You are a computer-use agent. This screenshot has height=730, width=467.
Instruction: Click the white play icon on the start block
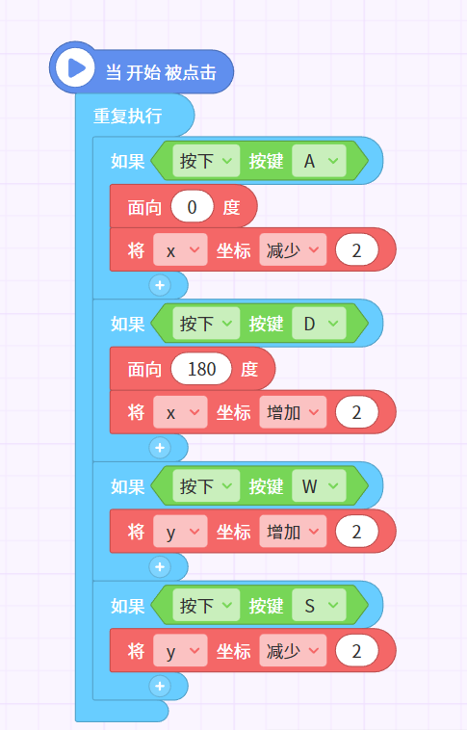[x=75, y=68]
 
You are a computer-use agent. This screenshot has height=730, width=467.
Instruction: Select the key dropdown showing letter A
[x=319, y=161]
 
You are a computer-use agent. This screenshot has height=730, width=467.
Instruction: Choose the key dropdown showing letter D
[x=319, y=324]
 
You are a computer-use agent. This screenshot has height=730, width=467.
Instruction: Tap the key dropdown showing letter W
[x=319, y=486]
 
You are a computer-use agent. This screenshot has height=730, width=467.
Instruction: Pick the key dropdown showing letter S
[x=319, y=605]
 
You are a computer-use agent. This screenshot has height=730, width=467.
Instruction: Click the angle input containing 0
[x=192, y=207]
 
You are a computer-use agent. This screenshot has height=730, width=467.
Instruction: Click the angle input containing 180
[x=201, y=369]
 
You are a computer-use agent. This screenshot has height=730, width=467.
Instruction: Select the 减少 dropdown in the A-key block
[x=293, y=250]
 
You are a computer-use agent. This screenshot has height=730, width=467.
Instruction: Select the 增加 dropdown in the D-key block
[x=293, y=412]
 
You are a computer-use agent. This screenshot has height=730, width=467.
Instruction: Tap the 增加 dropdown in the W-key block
[x=293, y=532]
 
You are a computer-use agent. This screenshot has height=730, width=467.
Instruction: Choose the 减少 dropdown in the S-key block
[x=293, y=651]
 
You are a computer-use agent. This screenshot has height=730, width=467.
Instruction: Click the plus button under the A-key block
[x=160, y=285]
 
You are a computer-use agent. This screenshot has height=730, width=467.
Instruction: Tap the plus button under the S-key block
[x=160, y=686]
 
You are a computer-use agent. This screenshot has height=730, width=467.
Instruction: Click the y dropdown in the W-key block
[x=180, y=532]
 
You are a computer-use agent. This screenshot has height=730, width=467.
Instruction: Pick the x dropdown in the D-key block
[x=180, y=412]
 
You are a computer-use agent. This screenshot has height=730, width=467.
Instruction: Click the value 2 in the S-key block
[x=356, y=651]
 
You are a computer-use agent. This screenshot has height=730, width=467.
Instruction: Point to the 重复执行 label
[x=127, y=116]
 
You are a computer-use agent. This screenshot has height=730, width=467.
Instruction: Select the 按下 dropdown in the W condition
[x=206, y=486]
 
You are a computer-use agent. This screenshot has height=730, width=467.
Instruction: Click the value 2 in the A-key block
[x=356, y=250]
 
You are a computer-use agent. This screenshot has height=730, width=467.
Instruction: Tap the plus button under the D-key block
[x=160, y=448]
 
